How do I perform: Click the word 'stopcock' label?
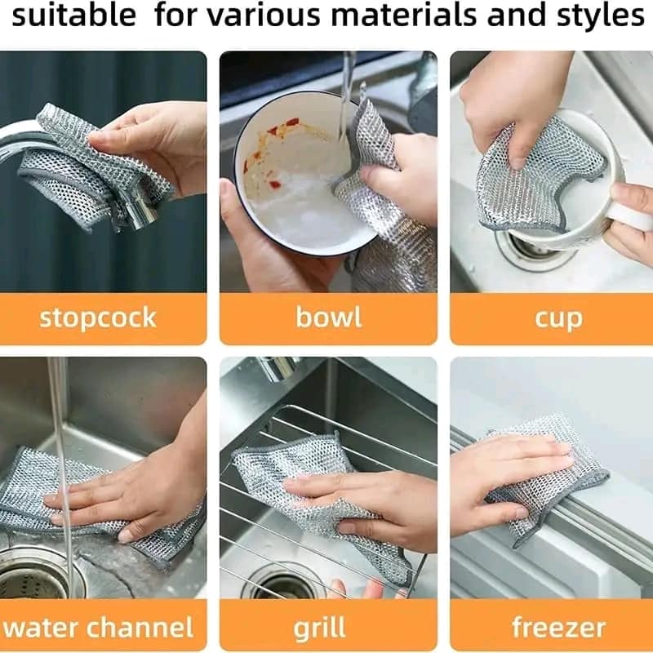(97, 318)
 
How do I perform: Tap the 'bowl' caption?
(328, 318)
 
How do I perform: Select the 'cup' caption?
(558, 318)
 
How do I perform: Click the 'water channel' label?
(99, 627)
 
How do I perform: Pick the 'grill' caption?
(319, 628)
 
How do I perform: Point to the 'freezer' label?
(558, 627)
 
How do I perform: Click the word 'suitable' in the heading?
(74, 16)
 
